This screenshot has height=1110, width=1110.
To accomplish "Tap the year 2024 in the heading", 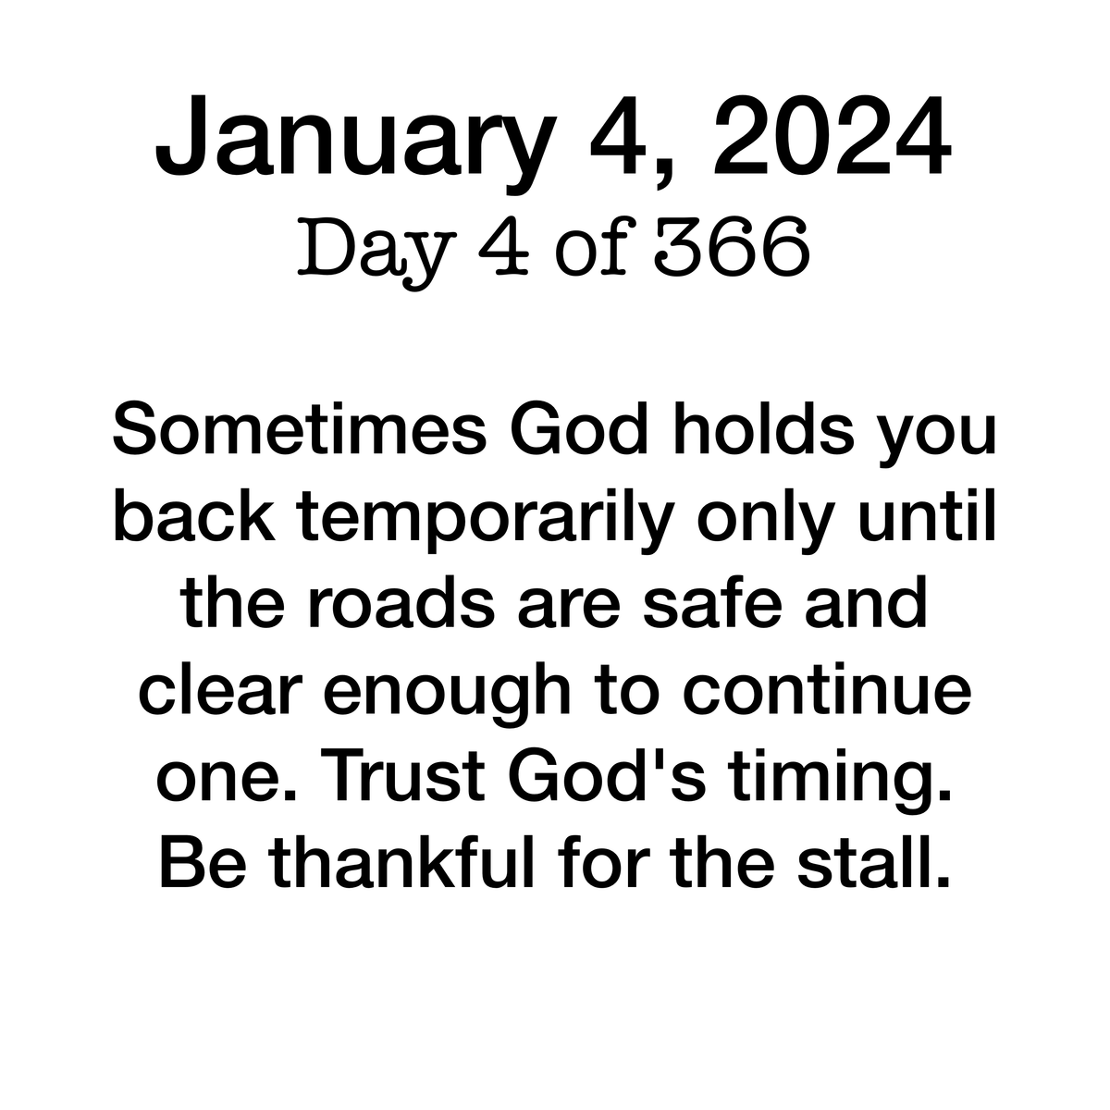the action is coord(832,135).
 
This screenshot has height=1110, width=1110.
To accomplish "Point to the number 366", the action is coord(732,247).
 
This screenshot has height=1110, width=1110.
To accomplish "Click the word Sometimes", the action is coord(300,429).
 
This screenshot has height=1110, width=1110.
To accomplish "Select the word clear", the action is coord(221,688).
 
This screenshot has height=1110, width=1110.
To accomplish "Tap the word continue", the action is coord(827,688).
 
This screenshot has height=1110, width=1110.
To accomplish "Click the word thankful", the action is coord(402,860).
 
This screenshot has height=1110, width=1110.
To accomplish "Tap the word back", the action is coord(194,515).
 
